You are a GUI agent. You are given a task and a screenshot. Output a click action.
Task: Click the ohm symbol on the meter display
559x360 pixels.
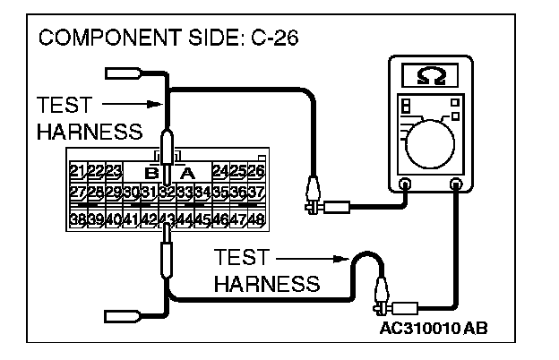pyautogui.click(x=431, y=73)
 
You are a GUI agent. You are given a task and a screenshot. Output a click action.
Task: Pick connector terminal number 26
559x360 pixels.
pyautogui.click(x=256, y=171)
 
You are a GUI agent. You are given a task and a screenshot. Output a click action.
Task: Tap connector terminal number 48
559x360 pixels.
pyautogui.click(x=256, y=219)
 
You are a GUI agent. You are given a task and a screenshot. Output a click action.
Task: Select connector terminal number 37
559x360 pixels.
pyautogui.click(x=256, y=192)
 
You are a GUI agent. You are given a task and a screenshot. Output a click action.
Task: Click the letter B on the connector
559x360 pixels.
pyautogui.click(x=151, y=172)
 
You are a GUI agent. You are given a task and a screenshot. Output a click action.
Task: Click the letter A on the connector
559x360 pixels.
pyautogui.click(x=187, y=172)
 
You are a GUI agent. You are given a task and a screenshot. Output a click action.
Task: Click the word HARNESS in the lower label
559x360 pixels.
pyautogui.click(x=268, y=284)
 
